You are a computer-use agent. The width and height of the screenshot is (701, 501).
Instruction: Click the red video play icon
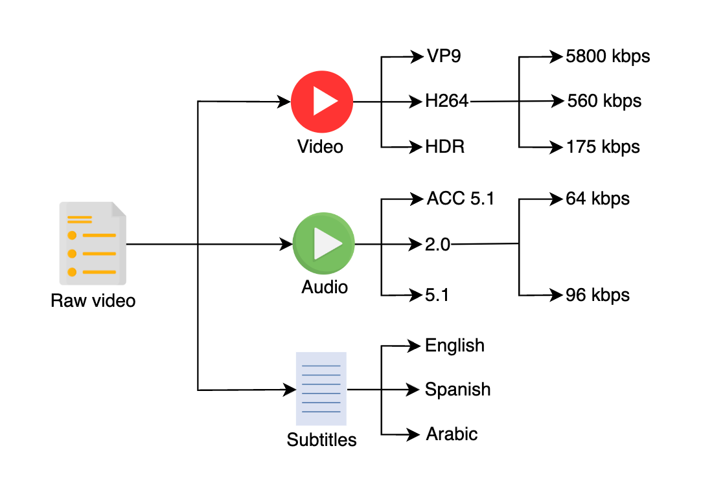(x=322, y=102)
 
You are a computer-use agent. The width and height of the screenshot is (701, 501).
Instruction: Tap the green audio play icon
(x=324, y=243)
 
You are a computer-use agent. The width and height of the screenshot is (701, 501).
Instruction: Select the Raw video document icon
(x=93, y=243)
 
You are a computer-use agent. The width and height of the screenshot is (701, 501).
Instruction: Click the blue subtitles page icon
(x=321, y=388)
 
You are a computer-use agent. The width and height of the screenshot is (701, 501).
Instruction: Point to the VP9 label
(x=444, y=56)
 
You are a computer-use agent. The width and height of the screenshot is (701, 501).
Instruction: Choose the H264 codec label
(x=446, y=101)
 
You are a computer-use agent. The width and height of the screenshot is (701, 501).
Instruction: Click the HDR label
(x=445, y=146)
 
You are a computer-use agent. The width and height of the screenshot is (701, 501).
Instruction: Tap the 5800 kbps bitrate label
(x=608, y=57)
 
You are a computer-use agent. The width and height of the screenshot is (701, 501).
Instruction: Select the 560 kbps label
(x=604, y=102)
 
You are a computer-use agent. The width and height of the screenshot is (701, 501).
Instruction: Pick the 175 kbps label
(x=603, y=147)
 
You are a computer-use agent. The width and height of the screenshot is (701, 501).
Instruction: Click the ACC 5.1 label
(x=461, y=199)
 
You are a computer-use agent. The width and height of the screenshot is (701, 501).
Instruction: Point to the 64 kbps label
(x=597, y=199)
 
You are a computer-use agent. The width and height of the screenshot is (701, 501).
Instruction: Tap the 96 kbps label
(x=597, y=295)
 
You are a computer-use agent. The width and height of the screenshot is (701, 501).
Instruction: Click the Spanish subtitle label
(x=457, y=390)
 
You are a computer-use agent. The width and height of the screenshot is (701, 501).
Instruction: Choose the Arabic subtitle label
(x=452, y=434)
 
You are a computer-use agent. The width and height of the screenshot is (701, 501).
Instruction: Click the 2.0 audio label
(x=437, y=245)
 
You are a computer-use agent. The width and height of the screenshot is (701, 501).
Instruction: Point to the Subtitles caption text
(x=321, y=440)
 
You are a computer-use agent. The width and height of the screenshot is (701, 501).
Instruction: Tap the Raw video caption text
(x=93, y=300)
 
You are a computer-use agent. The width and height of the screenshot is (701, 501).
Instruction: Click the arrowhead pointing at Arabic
(x=413, y=434)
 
